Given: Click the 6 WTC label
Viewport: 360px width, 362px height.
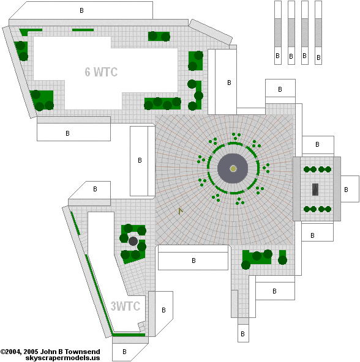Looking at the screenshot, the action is click(101, 72).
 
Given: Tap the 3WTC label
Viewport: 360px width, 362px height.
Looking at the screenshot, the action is click(126, 306).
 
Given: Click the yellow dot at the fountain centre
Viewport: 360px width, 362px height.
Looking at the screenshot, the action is click(233, 169).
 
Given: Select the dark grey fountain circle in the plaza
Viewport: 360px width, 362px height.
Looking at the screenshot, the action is click(233, 169).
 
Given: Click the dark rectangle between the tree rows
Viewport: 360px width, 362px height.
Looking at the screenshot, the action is click(315, 190).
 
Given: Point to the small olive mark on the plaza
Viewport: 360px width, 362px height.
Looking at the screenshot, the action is click(181, 211).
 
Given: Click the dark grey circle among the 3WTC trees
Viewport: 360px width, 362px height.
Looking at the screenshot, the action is click(133, 242).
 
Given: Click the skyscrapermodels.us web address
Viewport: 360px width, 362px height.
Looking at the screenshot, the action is click(62, 358).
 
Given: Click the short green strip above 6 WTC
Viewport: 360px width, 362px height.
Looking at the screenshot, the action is click(83, 30).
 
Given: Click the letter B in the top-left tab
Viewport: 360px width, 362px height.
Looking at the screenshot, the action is click(81, 10).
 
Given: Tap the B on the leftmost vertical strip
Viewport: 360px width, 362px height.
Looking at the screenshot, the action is click(278, 56).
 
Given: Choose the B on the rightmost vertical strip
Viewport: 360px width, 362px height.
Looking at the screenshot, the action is click(318, 57).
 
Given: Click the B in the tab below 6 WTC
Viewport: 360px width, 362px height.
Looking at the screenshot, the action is click(67, 133).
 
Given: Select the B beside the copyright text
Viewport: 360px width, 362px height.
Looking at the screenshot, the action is click(124, 352).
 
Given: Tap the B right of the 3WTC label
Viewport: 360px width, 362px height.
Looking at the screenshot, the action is click(163, 310).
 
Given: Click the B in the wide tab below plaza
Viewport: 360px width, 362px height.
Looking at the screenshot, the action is click(193, 260).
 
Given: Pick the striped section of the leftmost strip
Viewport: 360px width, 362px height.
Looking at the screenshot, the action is click(278, 32).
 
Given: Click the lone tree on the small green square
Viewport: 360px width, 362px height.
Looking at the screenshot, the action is click(282, 260).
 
